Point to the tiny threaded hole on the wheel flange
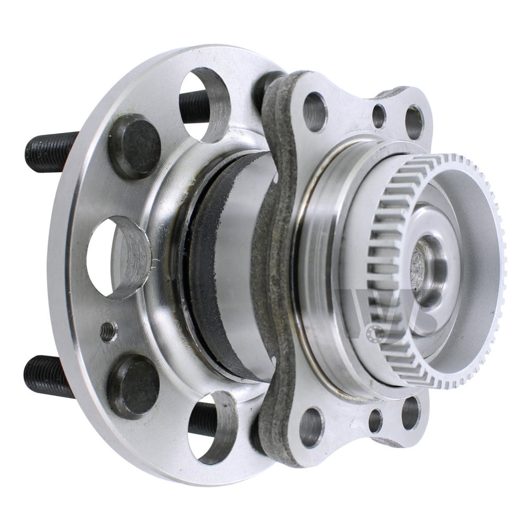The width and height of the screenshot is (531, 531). [x=108, y=331]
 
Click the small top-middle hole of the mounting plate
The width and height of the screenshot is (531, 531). [x=378, y=116]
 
